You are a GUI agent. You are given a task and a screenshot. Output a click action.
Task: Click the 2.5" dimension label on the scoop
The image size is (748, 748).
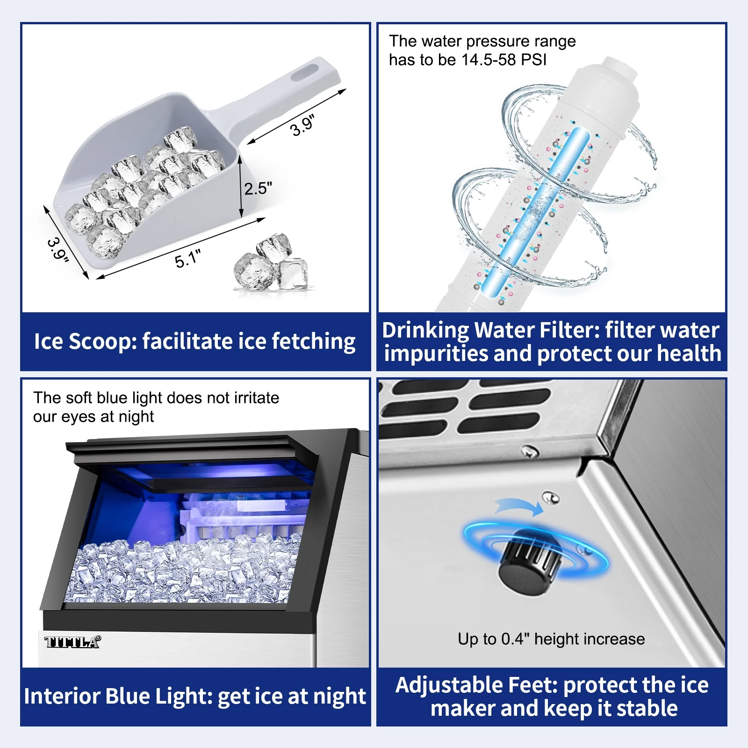[258, 188]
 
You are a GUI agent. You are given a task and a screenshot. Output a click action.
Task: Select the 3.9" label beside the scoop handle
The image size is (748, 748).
[302, 125]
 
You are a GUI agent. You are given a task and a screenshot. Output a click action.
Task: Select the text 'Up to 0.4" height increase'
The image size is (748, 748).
[551, 639]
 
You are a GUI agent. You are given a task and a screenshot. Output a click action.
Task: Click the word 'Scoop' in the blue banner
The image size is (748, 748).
[102, 342]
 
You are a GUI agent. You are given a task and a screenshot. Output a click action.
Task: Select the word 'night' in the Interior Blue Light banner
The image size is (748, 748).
[340, 697]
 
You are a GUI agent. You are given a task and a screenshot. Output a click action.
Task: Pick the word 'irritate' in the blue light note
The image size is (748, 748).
[256, 398]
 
